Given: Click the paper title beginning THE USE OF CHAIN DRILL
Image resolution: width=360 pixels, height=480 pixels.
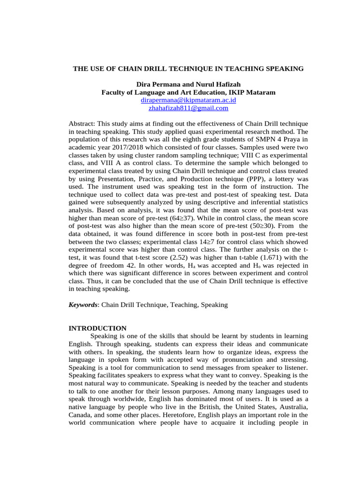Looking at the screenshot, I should coord(188,69).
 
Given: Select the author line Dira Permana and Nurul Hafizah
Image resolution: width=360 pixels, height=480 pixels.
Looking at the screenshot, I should coord(188,85).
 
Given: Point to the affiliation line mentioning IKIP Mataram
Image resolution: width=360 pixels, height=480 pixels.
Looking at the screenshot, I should coord(188,92).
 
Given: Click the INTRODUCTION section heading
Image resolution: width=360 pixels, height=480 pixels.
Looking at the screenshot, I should coord(97,328).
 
